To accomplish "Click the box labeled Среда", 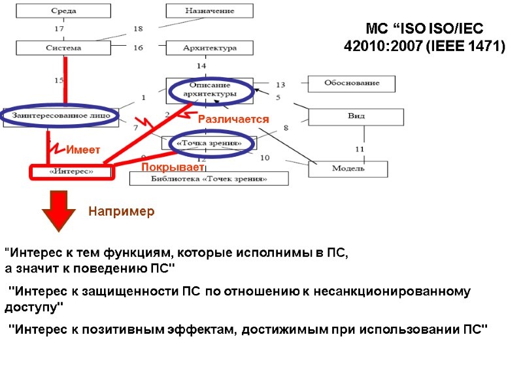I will (63, 11).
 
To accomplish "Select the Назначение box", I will (209, 11).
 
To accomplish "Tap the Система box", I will (63, 48).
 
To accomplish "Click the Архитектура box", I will (209, 48).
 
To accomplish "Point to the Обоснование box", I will (352, 84).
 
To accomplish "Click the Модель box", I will (348, 169).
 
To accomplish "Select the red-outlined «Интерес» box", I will (71, 171).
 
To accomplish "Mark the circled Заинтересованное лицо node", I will (60, 116).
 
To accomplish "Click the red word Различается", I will (233, 120).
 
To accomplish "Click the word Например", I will (121, 212).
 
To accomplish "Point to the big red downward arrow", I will (55, 209).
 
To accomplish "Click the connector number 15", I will (59, 80).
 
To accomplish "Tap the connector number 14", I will (201, 66).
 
